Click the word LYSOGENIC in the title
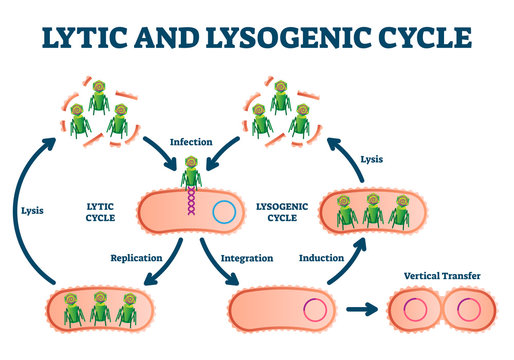[x=305, y=38]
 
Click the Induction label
[x=322, y=257]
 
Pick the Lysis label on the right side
[x=370, y=157]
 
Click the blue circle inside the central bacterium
[x=226, y=212]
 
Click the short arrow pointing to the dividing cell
[x=362, y=311]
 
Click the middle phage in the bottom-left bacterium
[x=99, y=311]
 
